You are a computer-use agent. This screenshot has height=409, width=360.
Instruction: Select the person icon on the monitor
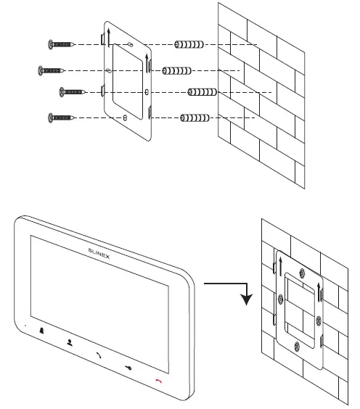click(x=69, y=340)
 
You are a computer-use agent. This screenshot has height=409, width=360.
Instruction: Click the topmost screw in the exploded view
click(x=60, y=44)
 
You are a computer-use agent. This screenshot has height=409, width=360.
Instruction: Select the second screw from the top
click(x=52, y=70)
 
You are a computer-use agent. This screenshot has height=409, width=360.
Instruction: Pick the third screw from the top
click(x=73, y=91)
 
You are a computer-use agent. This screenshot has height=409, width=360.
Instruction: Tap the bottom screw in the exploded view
click(x=62, y=117)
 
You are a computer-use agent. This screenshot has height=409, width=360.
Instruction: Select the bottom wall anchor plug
click(x=195, y=117)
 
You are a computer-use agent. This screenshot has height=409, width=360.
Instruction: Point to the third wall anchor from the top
click(x=202, y=92)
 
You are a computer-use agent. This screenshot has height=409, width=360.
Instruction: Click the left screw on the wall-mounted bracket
click(x=280, y=297)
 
